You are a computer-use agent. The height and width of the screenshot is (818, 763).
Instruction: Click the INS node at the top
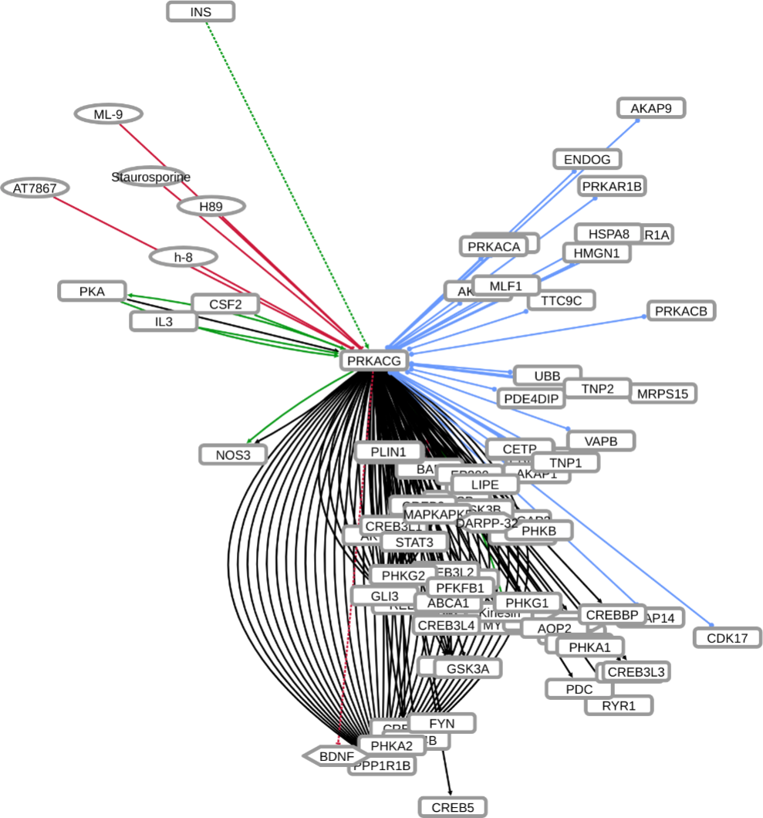pyautogui.click(x=201, y=12)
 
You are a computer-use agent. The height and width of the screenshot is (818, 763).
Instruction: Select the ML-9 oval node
pyautogui.click(x=108, y=114)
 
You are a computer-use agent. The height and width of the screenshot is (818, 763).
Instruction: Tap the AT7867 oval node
pyautogui.click(x=35, y=188)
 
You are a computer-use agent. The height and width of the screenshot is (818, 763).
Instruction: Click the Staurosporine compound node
pyautogui.click(x=150, y=177)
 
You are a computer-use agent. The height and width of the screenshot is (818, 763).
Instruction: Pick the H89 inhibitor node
pyautogui.click(x=211, y=206)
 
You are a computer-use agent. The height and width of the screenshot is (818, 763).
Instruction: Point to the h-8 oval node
pyautogui.click(x=183, y=257)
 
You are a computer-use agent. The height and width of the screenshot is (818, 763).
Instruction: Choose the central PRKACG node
pyautogui.click(x=374, y=360)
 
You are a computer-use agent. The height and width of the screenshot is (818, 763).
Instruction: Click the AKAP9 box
pyautogui.click(x=651, y=108)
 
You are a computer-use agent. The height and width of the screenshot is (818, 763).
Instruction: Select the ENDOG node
pyautogui.click(x=587, y=160)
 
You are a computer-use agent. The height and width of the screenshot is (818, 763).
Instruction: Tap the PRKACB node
pyautogui.click(x=681, y=311)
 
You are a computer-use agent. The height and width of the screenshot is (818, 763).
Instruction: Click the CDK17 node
pyautogui.click(x=728, y=637)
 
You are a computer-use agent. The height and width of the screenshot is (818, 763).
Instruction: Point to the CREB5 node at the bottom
pyautogui.click(x=453, y=807)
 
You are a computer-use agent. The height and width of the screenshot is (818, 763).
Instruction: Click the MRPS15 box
pyautogui.click(x=663, y=394)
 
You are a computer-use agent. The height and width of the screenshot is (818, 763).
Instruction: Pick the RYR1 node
pyautogui.click(x=620, y=705)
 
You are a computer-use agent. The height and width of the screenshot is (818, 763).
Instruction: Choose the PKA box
pyautogui.click(x=92, y=291)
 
